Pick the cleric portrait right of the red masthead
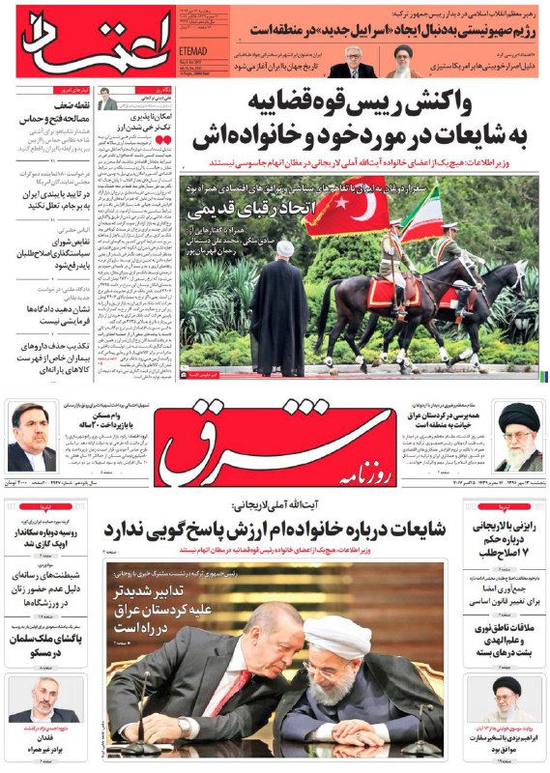coord(518,435)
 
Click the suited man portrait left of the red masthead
coord(30,436)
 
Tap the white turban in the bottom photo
coord(338,636)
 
